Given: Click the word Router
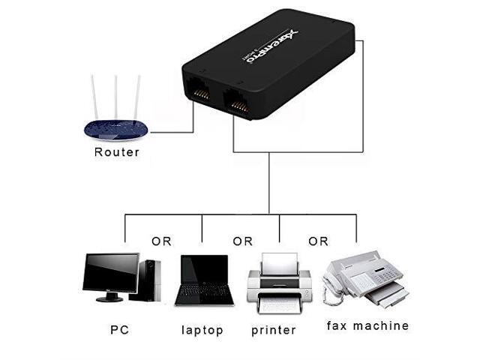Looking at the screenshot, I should (116, 152).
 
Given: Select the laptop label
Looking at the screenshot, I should (202, 329).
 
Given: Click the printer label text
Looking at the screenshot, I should (274, 329).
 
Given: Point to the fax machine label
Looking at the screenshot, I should (367, 326).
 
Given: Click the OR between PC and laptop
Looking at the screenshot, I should (161, 241).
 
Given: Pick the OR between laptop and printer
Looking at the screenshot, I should (242, 241).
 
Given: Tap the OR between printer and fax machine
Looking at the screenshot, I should (318, 241).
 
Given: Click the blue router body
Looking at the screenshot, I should (115, 129).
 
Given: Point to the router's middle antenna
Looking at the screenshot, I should (115, 96).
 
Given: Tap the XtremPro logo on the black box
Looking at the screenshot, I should (276, 43).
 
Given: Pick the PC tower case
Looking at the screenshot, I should (150, 279).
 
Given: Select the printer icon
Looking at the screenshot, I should (279, 283).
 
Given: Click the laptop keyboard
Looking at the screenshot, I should (202, 295).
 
